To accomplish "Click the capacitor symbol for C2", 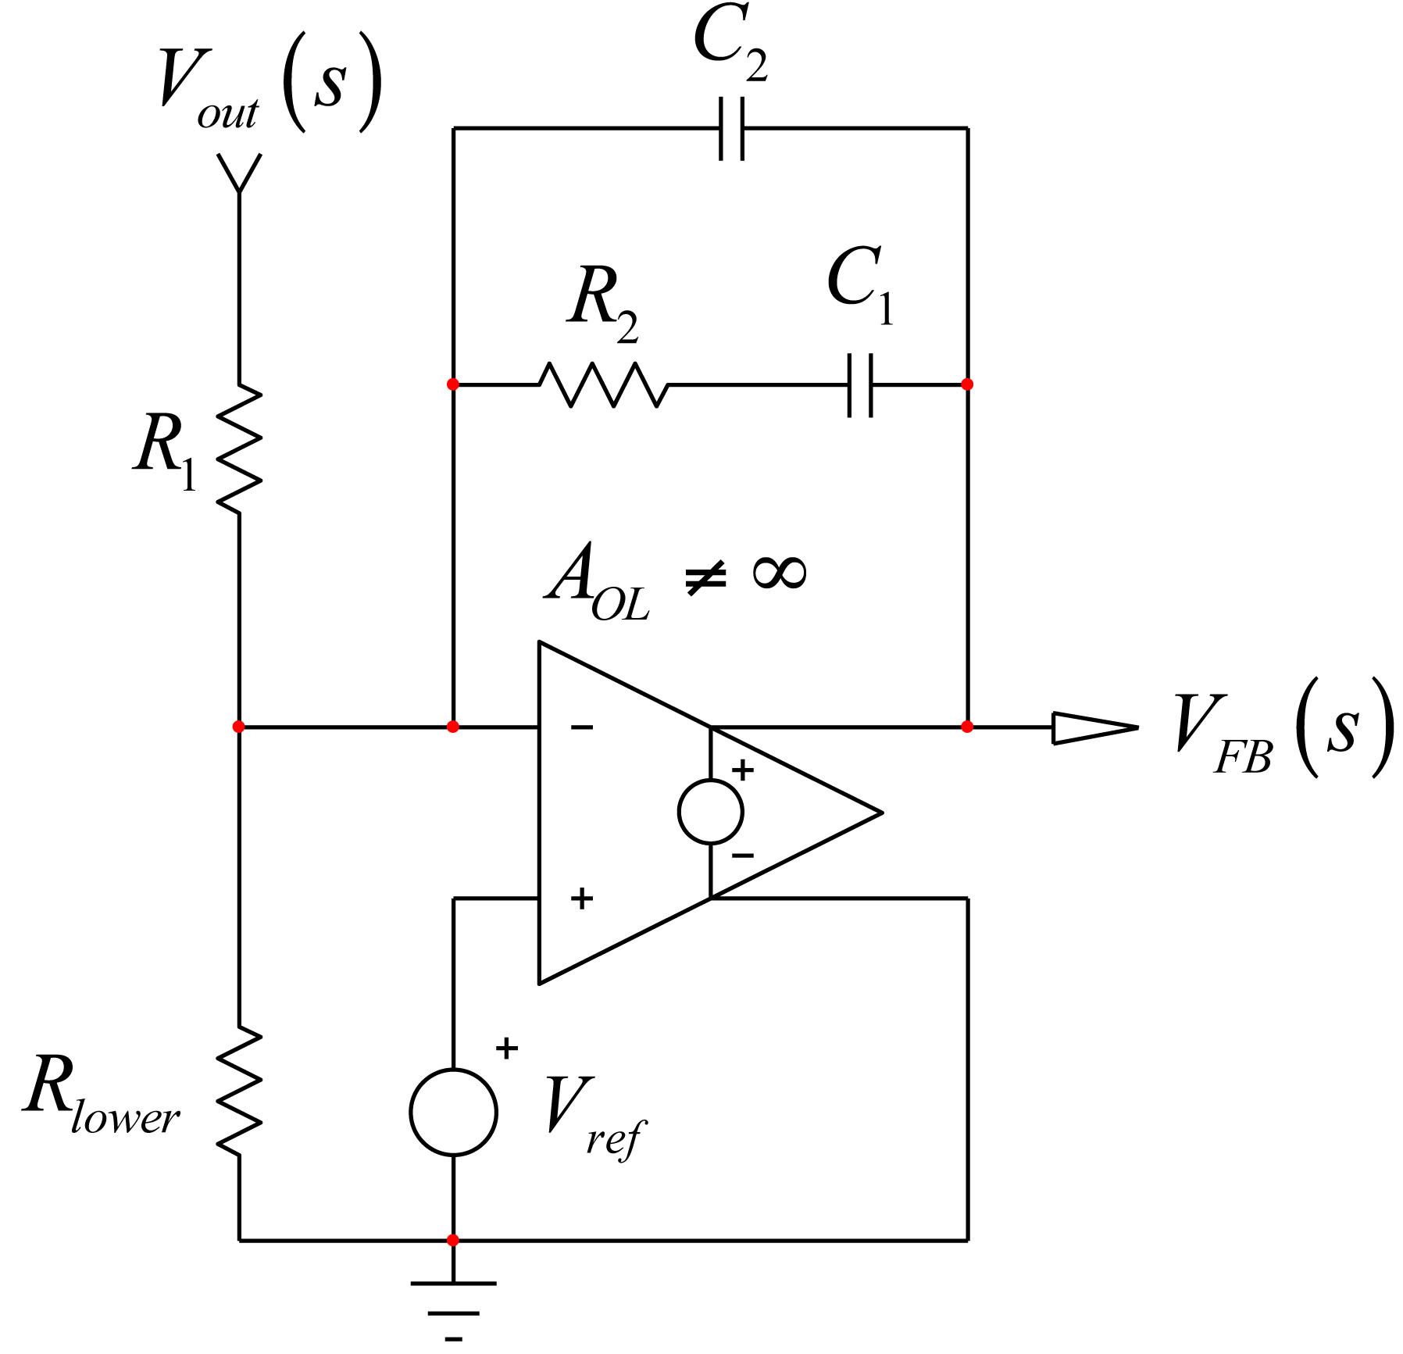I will click(731, 128).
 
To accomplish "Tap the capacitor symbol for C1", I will click(860, 384).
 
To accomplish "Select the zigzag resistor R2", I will click(604, 384).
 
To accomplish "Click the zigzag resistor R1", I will click(239, 448).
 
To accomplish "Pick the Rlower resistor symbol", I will click(239, 1091).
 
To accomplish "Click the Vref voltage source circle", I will click(453, 1111).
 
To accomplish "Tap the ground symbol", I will click(453, 1308).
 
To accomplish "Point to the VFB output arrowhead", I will click(1094, 727).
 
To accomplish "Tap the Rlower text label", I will click(102, 1094).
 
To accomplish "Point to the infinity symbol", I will click(779, 573).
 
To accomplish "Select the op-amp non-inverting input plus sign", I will click(582, 898).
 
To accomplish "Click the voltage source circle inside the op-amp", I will click(711, 812).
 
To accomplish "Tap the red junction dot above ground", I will click(453, 1240).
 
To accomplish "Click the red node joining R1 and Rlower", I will click(239, 727).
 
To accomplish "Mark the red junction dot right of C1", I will click(967, 384).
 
